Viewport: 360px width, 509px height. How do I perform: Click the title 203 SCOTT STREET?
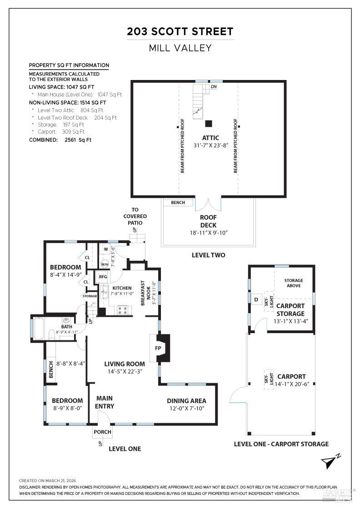pos(180,31)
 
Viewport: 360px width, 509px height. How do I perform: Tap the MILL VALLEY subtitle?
pos(180,48)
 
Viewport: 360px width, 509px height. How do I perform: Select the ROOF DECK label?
pos(208,222)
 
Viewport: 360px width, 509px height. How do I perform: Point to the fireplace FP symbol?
pos(158,348)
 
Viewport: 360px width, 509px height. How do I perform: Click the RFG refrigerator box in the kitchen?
pos(103,277)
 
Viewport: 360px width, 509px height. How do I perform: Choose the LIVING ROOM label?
pos(125,364)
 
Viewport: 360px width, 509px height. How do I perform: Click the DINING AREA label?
pos(186,401)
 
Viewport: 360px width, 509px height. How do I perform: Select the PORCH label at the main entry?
pos(102,432)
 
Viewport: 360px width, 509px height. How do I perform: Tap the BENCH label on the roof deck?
pos(178,203)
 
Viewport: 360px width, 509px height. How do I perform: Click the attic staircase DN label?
pos(214,86)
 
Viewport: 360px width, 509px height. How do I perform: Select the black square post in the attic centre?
pos(209,123)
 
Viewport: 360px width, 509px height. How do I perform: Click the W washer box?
pos(105,249)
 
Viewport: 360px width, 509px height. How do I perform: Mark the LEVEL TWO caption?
pos(208,255)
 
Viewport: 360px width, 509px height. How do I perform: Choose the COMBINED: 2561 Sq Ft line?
pos(60,140)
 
